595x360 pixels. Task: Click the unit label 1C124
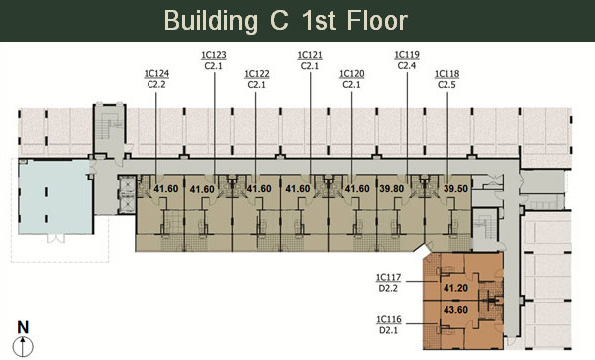(156, 73)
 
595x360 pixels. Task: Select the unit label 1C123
(214, 55)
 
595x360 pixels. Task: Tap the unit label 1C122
(257, 73)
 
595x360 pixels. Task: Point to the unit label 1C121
(310, 55)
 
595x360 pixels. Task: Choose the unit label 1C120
(352, 73)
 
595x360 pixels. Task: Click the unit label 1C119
(407, 55)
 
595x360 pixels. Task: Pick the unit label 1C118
(446, 73)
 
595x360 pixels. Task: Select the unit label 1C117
(388, 278)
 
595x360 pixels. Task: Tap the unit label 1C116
(388, 319)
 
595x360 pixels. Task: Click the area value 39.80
(392, 189)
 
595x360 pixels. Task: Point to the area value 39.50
(455, 189)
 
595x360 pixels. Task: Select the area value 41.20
(455, 288)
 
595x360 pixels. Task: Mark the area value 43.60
(455, 310)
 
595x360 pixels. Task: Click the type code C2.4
(407, 66)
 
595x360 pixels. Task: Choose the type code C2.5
(446, 85)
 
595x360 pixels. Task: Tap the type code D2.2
(388, 289)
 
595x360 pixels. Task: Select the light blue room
(55, 196)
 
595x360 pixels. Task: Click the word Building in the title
(211, 21)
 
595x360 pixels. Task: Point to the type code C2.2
(156, 84)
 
